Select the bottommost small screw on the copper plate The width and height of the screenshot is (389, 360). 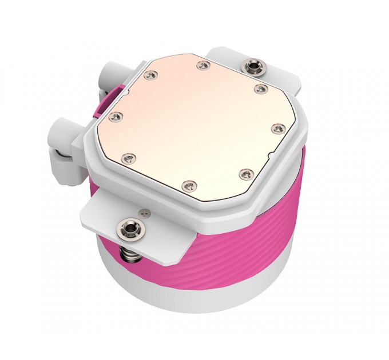tap(189, 184)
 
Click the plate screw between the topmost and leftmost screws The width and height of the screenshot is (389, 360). tap(151, 74)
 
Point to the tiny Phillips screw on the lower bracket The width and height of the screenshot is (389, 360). tap(145, 214)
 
